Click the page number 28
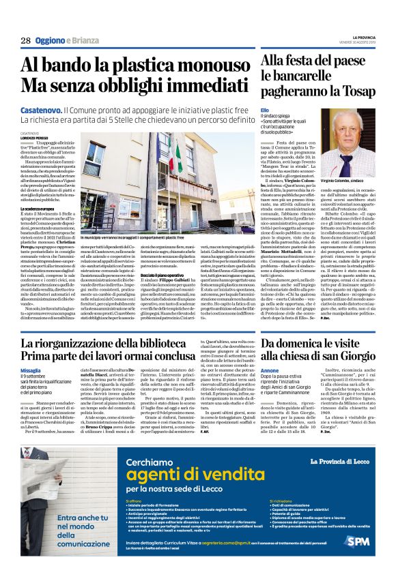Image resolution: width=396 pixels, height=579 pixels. tap(25, 41)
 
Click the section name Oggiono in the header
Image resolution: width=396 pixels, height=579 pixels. tap(55, 41)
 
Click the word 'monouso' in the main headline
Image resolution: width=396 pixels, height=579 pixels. tap(208, 65)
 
